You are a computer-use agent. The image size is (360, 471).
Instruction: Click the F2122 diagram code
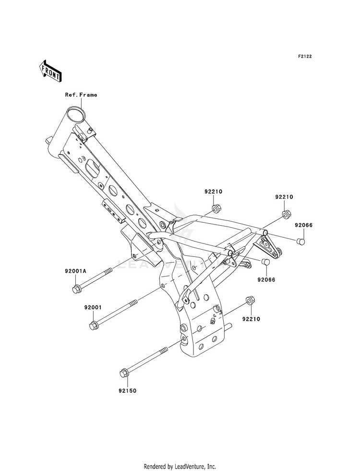[305, 56]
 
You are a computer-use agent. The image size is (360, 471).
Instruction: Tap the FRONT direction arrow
[50, 71]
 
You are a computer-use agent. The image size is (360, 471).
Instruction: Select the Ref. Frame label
[81, 95]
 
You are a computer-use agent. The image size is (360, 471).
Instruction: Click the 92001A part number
[75, 271]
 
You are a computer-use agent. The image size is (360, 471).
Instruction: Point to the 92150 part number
[128, 390]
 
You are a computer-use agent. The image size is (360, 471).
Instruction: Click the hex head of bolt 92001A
[76, 289]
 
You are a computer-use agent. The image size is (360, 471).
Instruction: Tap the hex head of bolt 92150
[123, 373]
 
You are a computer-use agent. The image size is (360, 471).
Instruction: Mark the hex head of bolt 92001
[93, 326]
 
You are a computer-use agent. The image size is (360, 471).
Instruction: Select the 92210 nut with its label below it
[250, 301]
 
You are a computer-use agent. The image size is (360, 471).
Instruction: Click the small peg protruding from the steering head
[48, 140]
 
